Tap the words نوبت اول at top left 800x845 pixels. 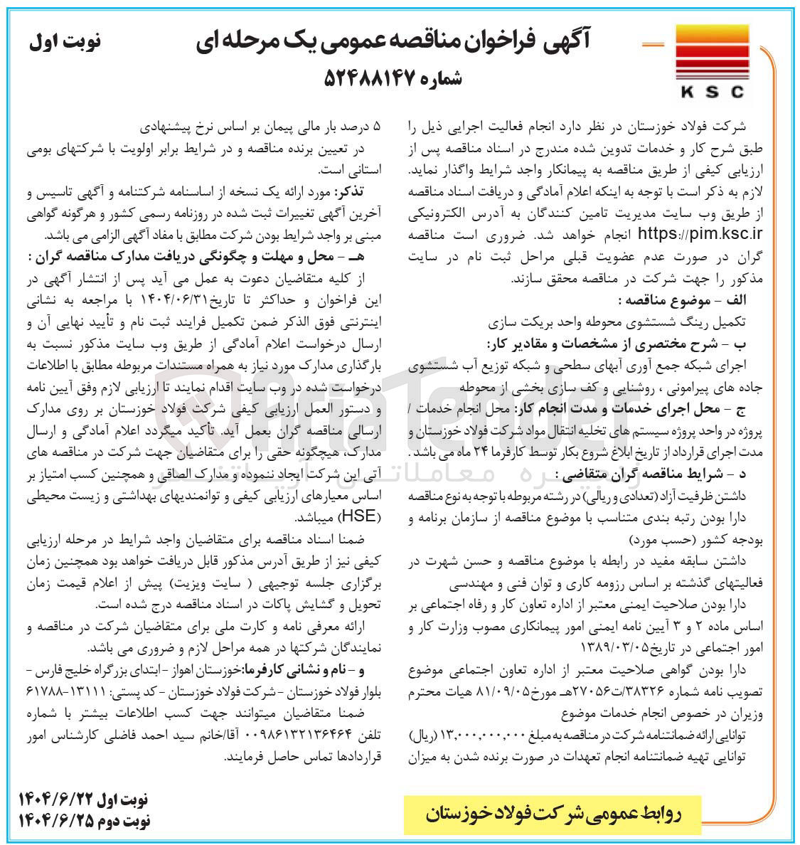pyautogui.click(x=65, y=41)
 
